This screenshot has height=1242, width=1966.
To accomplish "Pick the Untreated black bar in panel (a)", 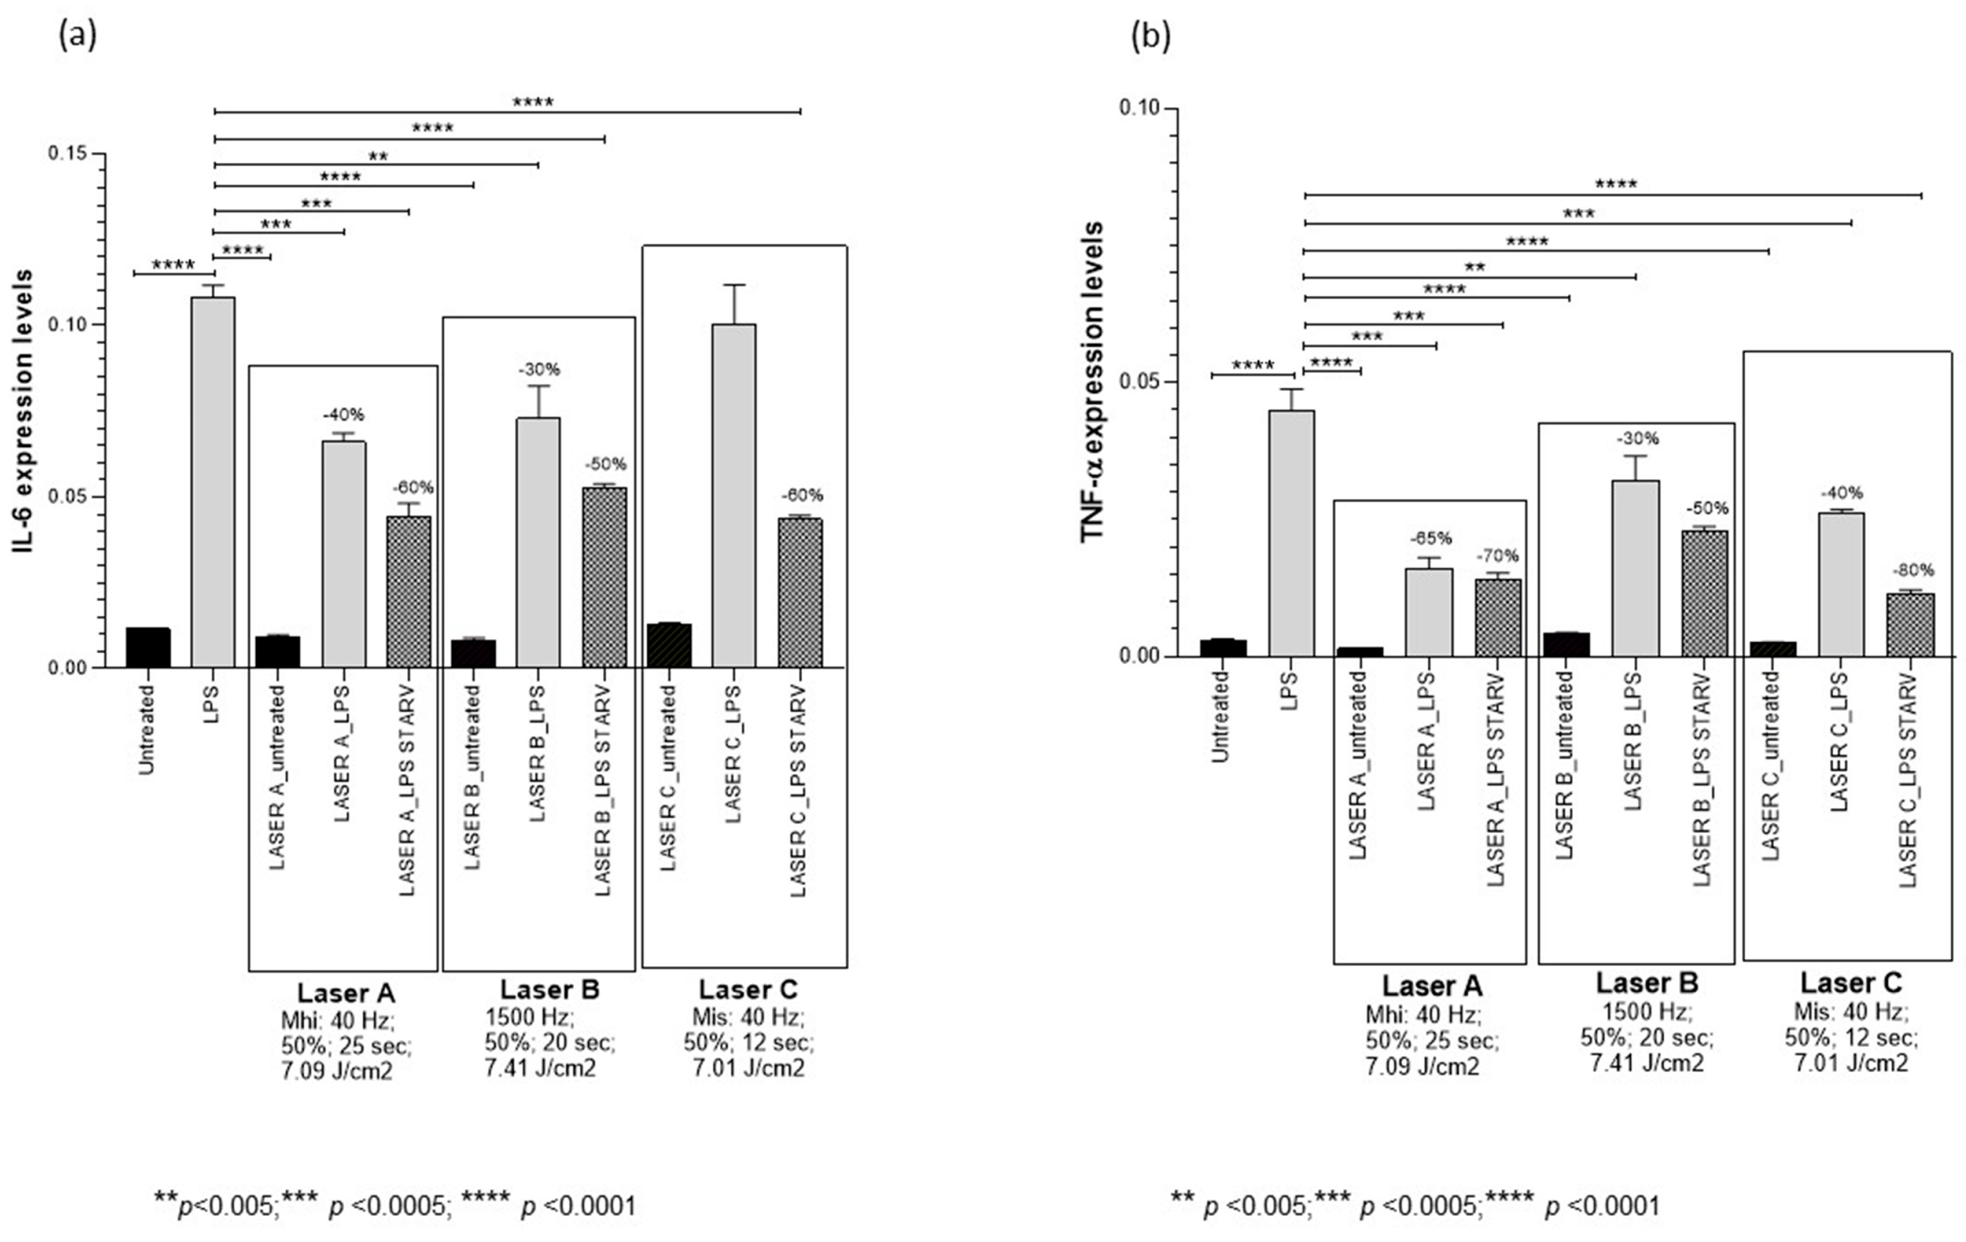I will pyautogui.click(x=148, y=648).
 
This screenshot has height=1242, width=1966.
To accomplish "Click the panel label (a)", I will pyautogui.click(x=78, y=35).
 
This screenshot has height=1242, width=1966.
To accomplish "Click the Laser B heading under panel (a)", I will pyautogui.click(x=549, y=989).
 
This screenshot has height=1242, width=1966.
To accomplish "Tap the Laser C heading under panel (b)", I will pyautogui.click(x=1850, y=982).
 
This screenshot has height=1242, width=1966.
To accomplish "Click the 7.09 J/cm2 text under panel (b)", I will pyautogui.click(x=1422, y=1066).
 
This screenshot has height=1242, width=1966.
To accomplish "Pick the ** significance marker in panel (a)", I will pyautogui.click(x=377, y=157).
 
